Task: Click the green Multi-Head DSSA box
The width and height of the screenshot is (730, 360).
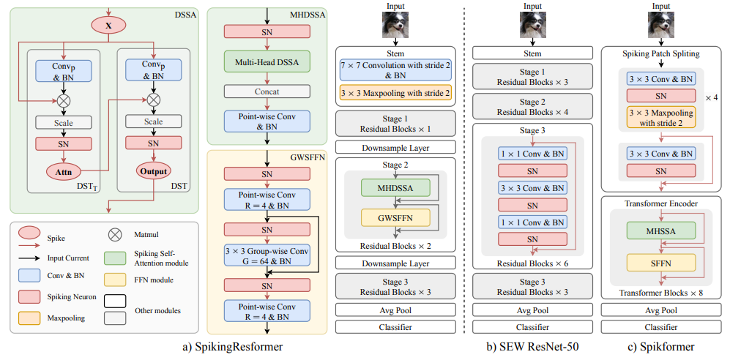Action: pos(267,64)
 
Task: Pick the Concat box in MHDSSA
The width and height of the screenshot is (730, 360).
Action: pos(267,91)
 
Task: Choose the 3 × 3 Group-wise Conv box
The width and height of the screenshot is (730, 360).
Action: pos(267,257)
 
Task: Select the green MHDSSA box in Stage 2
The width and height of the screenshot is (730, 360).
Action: pos(395,188)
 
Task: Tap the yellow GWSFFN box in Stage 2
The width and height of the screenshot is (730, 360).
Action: pos(395,217)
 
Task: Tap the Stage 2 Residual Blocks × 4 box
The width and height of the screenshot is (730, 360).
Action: pos(532,108)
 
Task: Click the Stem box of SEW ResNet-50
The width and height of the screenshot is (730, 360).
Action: pos(532,53)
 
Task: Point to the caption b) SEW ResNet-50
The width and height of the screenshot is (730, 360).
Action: pos(532,347)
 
